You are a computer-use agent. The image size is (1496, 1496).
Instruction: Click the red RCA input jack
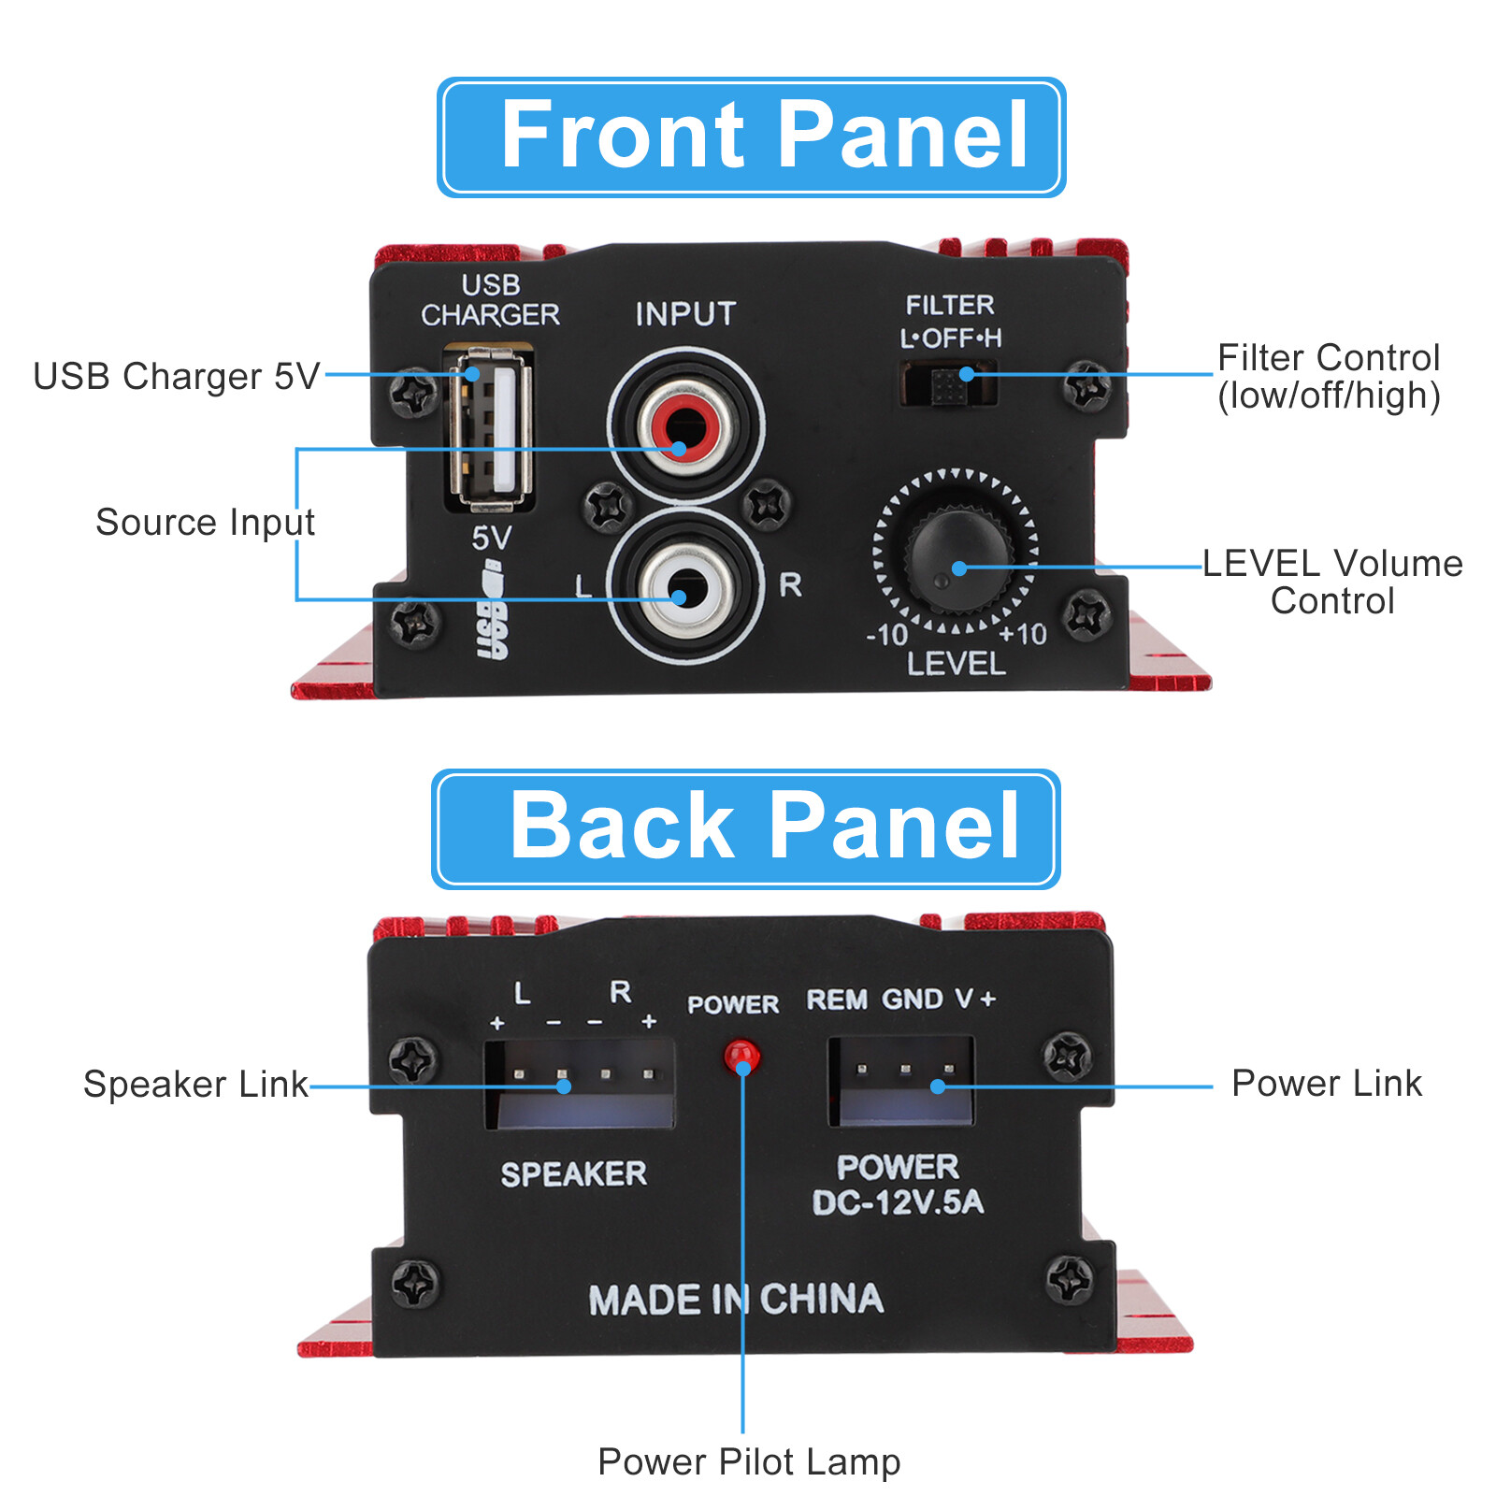coord(686,427)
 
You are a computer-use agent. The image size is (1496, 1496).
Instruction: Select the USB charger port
coord(492,428)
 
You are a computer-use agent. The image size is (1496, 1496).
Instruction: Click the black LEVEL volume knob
coord(957,559)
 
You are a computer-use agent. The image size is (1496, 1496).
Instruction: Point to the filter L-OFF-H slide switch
coord(949,383)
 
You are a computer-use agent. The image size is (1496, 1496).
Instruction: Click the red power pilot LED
coord(741,1056)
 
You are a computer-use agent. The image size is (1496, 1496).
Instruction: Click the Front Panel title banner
coord(751,137)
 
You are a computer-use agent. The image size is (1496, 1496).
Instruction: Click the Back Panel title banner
coord(745,828)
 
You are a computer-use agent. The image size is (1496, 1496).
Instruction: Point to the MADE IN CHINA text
coord(736,1300)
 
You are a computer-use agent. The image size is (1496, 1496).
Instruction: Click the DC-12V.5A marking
coord(898,1202)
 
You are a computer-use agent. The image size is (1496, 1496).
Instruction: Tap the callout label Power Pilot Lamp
coord(749,1461)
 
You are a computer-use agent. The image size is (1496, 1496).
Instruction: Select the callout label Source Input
coord(205,522)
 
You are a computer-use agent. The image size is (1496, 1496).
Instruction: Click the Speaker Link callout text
coord(195,1085)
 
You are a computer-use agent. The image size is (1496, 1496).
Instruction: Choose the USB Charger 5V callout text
coord(176,376)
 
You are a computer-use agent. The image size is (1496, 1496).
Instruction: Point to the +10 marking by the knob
coord(1023,635)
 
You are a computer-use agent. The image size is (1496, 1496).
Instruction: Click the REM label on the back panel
coord(837,1000)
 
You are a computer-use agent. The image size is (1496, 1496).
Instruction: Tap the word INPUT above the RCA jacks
coord(685,314)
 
